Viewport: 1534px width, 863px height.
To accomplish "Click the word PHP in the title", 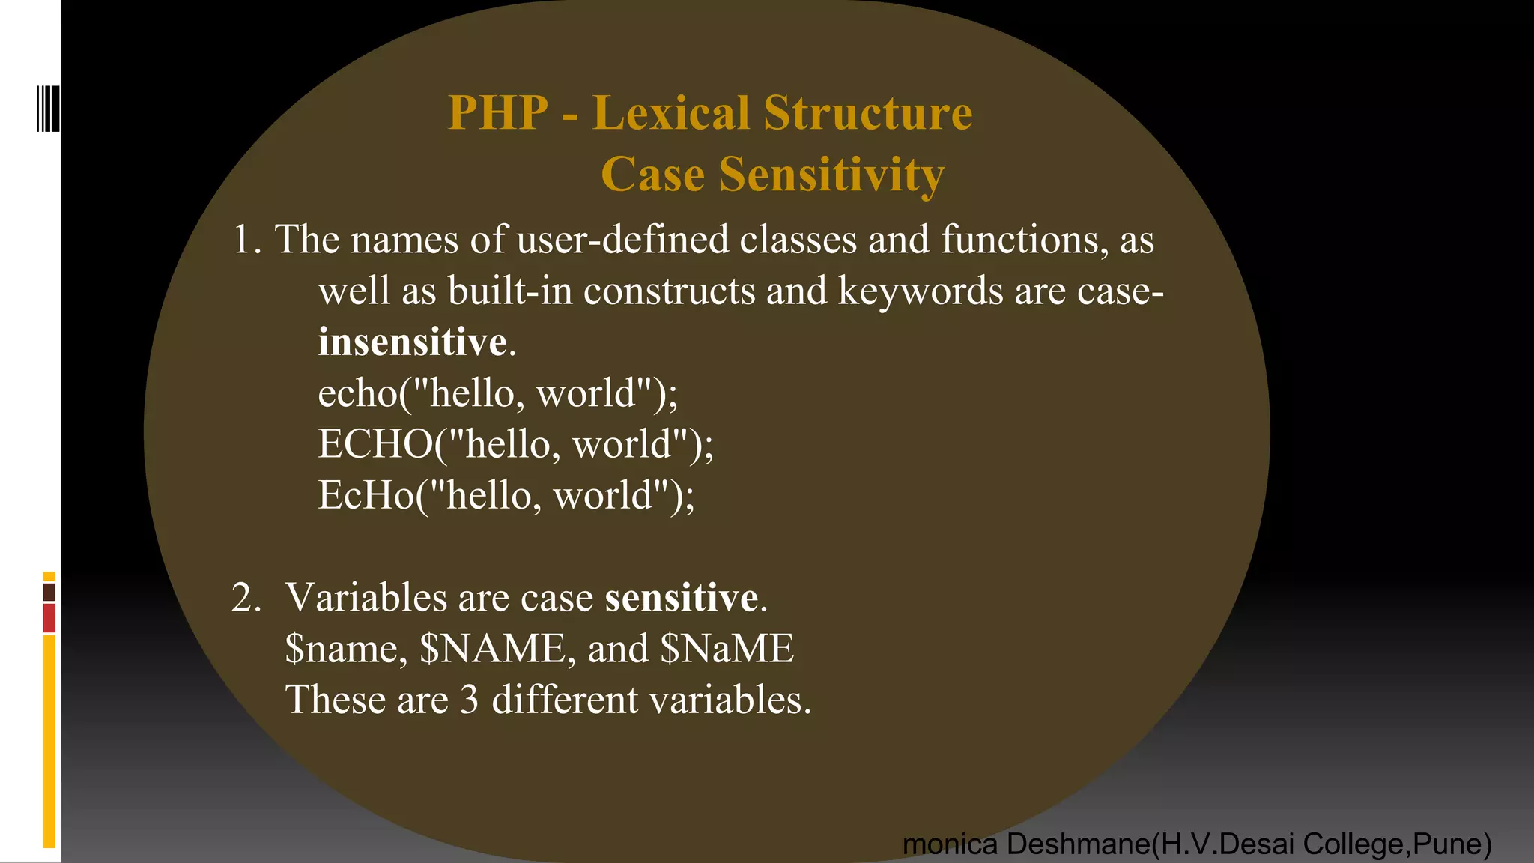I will click(498, 113).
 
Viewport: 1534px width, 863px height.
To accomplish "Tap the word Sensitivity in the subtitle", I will click(831, 175).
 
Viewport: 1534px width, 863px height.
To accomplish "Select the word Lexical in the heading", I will click(670, 113).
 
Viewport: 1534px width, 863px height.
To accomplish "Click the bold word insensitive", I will click(413, 342).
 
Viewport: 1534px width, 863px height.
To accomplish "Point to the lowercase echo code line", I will click(497, 393).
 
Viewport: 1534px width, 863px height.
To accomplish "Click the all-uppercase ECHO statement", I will click(515, 443).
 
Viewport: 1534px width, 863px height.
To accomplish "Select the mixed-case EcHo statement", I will click(506, 495).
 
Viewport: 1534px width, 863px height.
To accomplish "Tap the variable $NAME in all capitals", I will click(493, 648).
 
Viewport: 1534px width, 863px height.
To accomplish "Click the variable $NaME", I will click(727, 648).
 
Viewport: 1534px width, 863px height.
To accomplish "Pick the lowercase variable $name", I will click(345, 648).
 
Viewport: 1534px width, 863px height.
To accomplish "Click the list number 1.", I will click(245, 240).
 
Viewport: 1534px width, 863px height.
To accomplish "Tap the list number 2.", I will click(245, 598).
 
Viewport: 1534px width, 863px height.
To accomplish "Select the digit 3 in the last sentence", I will click(469, 700).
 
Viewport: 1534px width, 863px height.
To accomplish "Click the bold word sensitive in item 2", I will click(682, 598).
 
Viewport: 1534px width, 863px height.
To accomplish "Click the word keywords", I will click(920, 291).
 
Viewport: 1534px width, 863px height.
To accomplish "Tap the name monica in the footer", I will click(950, 844).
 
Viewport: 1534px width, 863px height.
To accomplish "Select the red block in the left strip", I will click(49, 619).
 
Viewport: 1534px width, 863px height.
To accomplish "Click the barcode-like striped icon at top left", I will click(48, 109).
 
